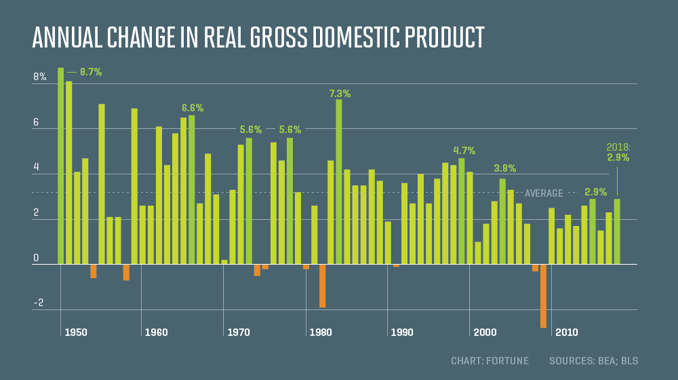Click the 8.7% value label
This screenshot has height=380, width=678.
(90, 72)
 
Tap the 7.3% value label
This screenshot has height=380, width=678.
(340, 94)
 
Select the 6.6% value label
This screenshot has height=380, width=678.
(193, 108)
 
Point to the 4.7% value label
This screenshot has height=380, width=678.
(464, 151)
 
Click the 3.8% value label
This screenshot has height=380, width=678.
(505, 168)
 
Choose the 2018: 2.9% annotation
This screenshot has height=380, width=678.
(618, 153)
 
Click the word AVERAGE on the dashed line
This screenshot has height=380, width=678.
(544, 193)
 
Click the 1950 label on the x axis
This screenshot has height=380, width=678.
(76, 332)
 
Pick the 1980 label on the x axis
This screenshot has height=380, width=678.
(320, 332)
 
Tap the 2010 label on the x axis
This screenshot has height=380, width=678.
(566, 332)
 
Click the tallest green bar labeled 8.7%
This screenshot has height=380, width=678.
(61, 166)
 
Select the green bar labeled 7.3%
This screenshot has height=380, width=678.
(339, 181)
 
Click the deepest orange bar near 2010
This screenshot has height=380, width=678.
(544, 296)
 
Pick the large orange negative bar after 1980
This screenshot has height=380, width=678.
(323, 286)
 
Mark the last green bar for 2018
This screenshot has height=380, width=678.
(617, 231)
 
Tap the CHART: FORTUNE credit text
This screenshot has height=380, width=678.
(490, 360)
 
